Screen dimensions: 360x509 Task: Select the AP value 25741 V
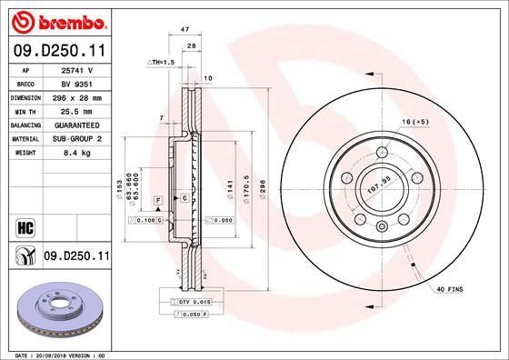pos(76,69)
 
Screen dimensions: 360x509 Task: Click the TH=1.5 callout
pos(161,61)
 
